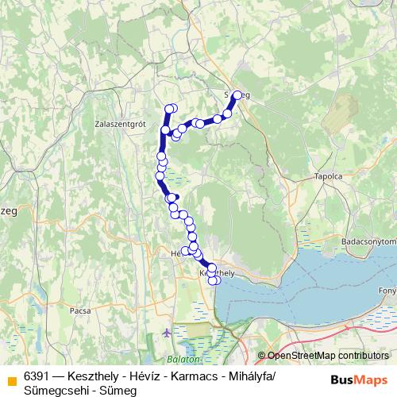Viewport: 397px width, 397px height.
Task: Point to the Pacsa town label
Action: [80, 310]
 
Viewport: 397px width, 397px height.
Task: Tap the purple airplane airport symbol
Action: [166, 332]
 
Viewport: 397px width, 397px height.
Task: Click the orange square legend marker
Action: [11, 380]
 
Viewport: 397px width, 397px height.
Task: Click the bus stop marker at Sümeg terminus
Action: [237, 95]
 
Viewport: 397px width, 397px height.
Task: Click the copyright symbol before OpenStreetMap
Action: [263, 356]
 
